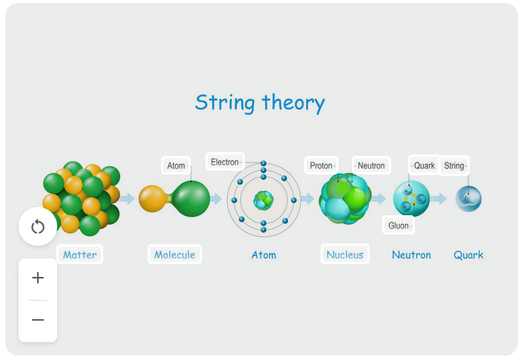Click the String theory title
(x=260, y=102)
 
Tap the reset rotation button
(x=38, y=227)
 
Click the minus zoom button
(x=38, y=320)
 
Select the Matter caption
(x=79, y=255)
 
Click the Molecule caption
(x=174, y=255)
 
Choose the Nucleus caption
(x=345, y=255)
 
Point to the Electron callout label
(x=225, y=162)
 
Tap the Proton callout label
(x=321, y=166)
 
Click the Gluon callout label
(x=399, y=226)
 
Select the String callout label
(x=454, y=166)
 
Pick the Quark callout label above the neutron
(x=424, y=166)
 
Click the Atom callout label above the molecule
(x=176, y=166)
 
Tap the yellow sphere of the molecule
(x=153, y=198)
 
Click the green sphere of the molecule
(x=191, y=198)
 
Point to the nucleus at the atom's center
(x=263, y=200)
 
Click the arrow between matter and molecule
(x=127, y=199)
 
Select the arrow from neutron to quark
(x=439, y=199)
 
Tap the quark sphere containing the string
(x=468, y=199)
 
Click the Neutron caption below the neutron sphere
(x=411, y=255)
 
